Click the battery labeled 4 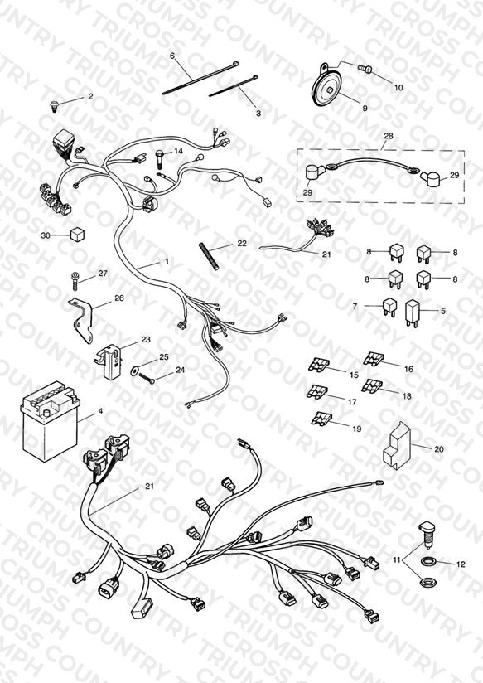[50, 419]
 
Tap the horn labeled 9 [327, 90]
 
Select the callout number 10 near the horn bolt [398, 88]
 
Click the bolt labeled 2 [54, 106]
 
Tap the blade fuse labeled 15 [319, 365]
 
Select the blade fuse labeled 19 [321, 419]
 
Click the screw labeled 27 [75, 279]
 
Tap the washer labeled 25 [135, 371]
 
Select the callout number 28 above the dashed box [388, 136]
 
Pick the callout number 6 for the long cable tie [172, 56]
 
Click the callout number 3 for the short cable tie [258, 114]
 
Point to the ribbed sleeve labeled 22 [209, 256]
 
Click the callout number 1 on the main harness [167, 262]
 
